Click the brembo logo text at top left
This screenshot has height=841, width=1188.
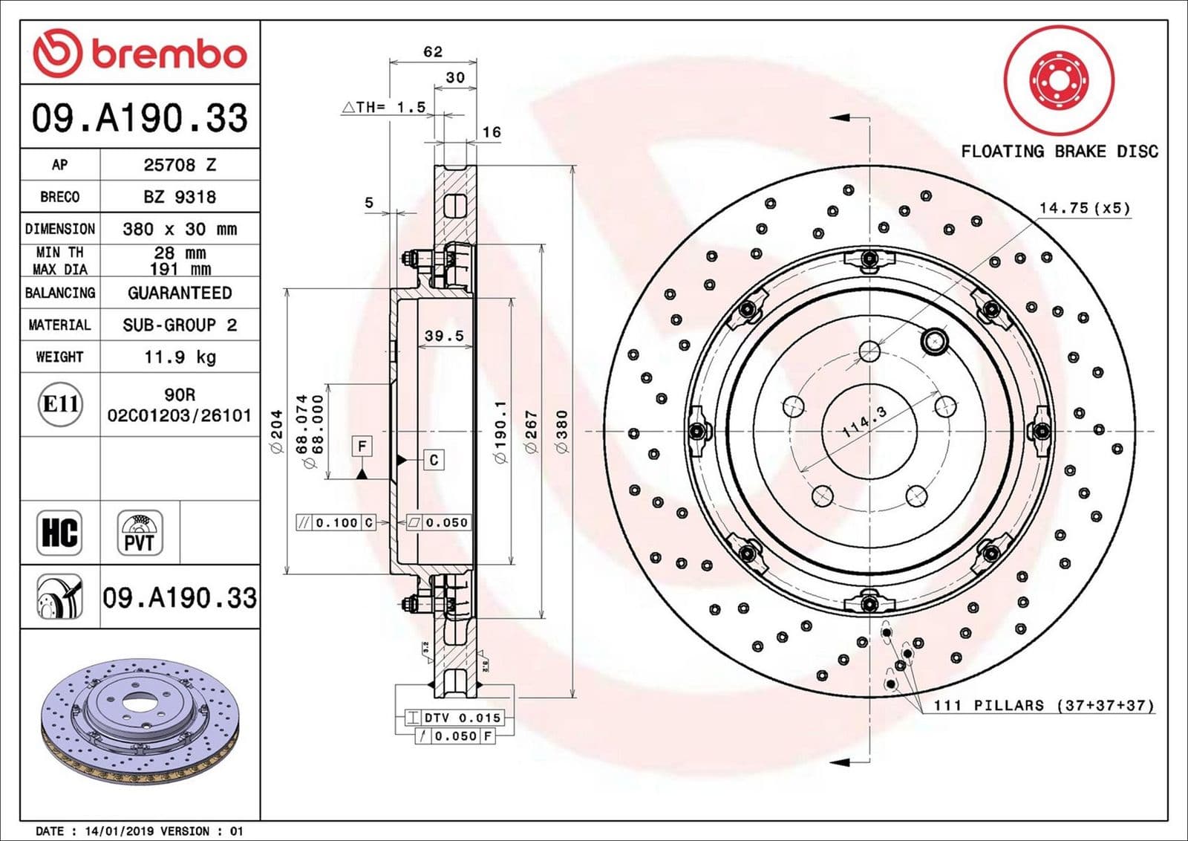169,53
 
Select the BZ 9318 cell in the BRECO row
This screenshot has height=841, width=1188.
180,197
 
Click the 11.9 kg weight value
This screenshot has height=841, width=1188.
180,357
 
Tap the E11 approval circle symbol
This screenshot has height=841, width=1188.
60,404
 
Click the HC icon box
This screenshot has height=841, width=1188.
59,533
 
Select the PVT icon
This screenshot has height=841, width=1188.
140,533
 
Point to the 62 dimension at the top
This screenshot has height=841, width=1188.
432,52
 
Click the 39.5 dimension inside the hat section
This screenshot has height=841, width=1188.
444,336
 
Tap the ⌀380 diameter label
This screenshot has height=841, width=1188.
561,432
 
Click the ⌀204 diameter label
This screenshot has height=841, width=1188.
276,432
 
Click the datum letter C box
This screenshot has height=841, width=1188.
434,460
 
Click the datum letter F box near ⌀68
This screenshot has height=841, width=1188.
362,446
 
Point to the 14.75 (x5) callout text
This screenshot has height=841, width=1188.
1084,208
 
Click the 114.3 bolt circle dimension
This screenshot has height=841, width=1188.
864,422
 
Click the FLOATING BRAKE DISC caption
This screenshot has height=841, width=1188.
1059,152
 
